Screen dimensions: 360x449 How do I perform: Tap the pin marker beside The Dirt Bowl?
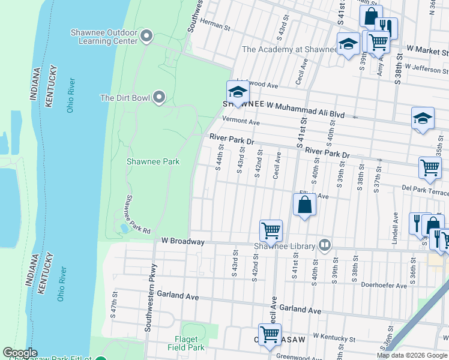[159, 97]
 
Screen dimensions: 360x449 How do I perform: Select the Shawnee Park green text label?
[153, 161]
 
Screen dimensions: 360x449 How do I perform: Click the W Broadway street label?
[183, 242]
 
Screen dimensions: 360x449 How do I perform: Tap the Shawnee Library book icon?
[325, 245]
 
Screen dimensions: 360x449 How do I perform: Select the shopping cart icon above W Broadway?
[271, 230]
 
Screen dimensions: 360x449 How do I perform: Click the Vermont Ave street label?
[240, 122]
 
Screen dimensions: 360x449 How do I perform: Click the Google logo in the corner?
[20, 353]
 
